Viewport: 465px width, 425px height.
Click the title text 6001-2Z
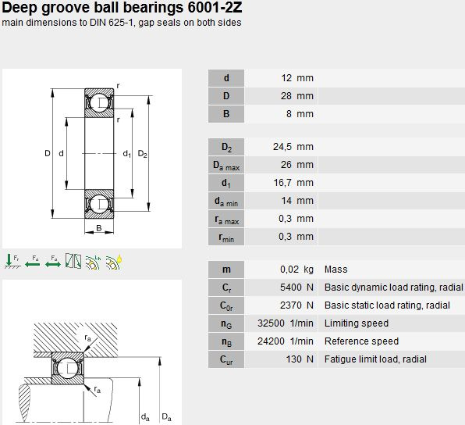click(x=215, y=7)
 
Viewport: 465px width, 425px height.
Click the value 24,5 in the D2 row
click(x=282, y=147)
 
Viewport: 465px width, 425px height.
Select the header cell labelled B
click(x=226, y=114)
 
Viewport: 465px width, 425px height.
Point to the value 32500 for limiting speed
click(x=271, y=323)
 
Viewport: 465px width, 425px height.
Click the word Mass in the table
click(x=336, y=270)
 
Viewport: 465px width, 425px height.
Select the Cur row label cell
click(x=226, y=359)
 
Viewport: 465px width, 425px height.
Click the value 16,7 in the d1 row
click(x=282, y=183)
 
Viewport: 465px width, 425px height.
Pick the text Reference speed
click(x=361, y=341)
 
